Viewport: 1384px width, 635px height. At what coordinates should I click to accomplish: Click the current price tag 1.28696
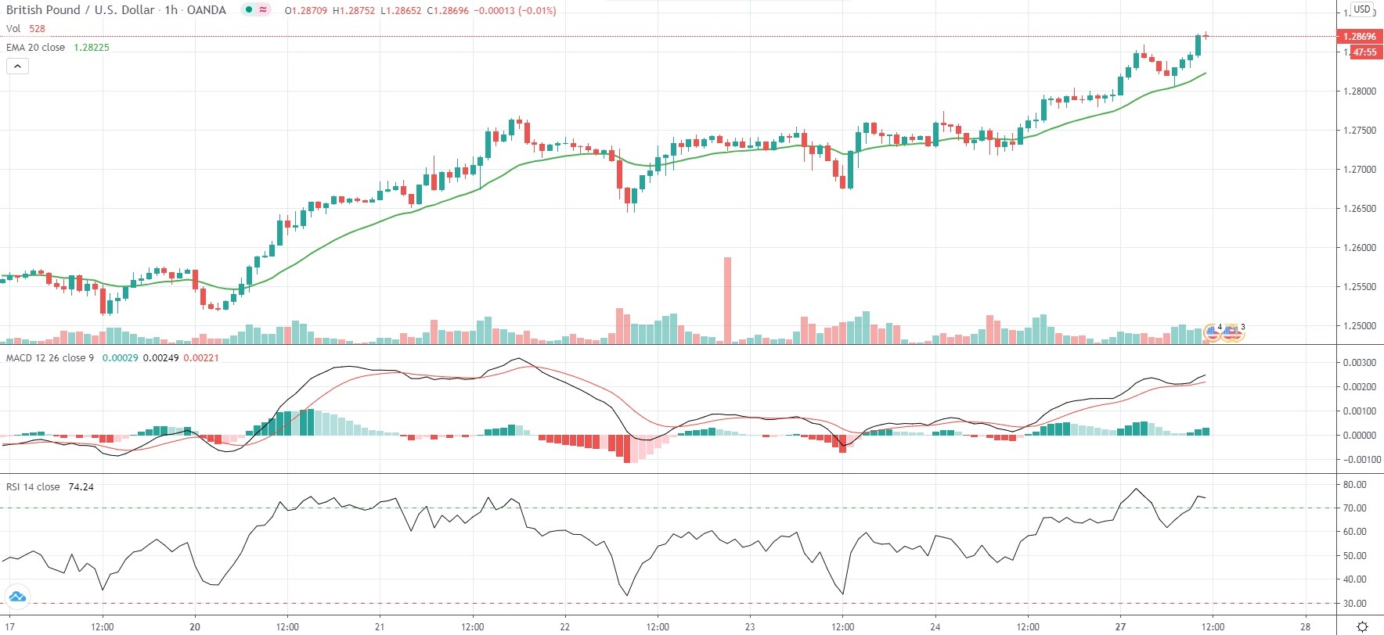point(1359,36)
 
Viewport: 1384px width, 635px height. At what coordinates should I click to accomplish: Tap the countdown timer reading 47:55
point(1364,52)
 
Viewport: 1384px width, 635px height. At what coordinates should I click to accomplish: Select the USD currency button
point(1362,9)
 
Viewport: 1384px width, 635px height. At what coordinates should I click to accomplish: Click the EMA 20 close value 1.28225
point(92,48)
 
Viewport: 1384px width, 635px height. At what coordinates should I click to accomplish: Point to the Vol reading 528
point(37,29)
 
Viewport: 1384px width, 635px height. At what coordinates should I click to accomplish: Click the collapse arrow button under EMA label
point(17,66)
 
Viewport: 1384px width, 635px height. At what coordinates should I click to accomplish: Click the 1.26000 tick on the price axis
point(1359,248)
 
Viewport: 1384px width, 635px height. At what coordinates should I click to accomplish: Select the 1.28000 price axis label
point(1359,91)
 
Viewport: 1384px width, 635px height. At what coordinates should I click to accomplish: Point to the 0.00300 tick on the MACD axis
point(1359,363)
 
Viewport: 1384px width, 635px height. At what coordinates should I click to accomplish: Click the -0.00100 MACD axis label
point(1357,460)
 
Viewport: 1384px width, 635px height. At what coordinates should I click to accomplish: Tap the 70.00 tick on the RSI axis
point(1354,508)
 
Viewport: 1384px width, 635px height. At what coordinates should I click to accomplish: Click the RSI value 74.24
point(81,487)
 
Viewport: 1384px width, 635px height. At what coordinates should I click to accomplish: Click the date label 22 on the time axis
point(564,626)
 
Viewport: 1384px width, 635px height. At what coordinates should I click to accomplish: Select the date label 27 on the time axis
point(1120,626)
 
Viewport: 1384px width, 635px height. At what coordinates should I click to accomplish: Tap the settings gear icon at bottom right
point(1362,626)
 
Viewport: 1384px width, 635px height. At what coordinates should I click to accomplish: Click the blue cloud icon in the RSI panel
point(16,597)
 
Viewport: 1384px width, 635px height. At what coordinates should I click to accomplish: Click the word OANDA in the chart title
point(207,10)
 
